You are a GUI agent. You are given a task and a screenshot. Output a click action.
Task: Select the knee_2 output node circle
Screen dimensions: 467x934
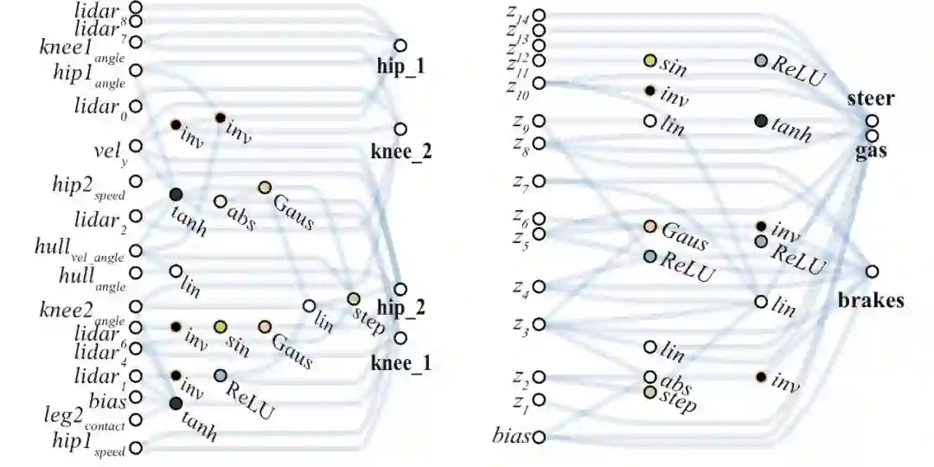(400, 129)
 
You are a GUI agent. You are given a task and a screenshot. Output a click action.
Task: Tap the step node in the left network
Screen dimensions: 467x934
(354, 299)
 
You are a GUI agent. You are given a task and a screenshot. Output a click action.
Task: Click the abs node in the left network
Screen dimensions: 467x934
(221, 202)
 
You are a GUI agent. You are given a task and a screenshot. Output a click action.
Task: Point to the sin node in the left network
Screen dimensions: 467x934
(221, 326)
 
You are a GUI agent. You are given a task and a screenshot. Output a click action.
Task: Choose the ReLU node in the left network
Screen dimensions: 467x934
(221, 375)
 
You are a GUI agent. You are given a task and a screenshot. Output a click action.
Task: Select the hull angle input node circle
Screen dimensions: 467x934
(136, 273)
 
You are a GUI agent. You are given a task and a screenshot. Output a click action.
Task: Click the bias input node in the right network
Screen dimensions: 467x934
(539, 438)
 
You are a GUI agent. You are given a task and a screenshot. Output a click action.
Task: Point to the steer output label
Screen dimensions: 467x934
(870, 98)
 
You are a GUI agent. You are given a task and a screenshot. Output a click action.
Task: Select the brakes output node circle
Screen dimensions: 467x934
(873, 272)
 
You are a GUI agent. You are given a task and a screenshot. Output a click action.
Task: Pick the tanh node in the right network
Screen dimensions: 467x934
(761, 121)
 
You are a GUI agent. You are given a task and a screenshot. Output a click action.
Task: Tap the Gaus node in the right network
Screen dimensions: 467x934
(650, 227)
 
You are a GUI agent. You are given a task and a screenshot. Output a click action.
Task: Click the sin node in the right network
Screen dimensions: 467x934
(650, 61)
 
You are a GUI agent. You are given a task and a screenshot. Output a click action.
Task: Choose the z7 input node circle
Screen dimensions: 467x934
(539, 181)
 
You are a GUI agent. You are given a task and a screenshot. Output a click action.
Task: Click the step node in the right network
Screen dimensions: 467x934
(650, 393)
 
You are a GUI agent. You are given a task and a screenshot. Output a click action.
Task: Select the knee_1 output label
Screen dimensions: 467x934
(400, 363)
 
